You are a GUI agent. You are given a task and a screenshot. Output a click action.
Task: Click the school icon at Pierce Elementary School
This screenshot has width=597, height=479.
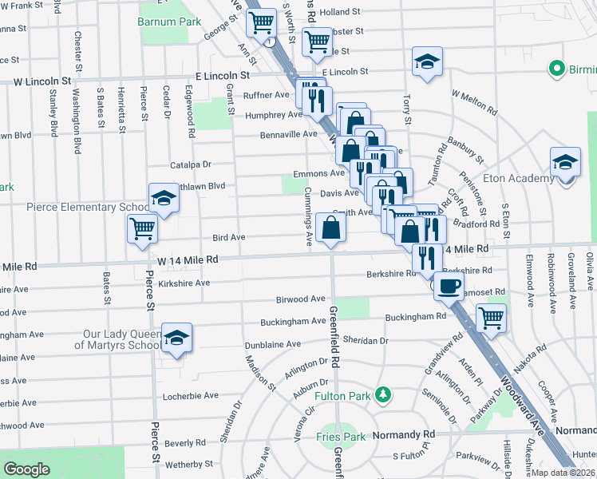tap(164, 197)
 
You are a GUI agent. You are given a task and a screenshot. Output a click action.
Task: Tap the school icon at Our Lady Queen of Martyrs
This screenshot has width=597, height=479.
tap(176, 337)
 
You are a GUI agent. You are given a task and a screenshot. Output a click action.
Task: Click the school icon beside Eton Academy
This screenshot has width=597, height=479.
tap(566, 161)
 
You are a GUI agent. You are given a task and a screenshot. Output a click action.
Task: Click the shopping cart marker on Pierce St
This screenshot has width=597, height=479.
tap(142, 228)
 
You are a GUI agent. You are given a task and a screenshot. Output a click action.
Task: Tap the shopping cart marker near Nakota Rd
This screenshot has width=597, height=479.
tap(491, 318)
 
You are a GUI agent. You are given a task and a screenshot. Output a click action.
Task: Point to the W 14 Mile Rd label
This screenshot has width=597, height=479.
tap(188, 259)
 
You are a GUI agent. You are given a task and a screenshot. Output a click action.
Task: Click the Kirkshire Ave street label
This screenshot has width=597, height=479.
tap(184, 283)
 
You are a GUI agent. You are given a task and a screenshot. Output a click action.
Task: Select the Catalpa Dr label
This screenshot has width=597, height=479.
tap(190, 164)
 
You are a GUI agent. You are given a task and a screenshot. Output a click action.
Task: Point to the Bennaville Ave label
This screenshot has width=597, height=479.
tap(289, 135)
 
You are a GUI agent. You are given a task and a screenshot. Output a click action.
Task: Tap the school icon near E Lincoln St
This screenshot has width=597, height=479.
tap(427, 61)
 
